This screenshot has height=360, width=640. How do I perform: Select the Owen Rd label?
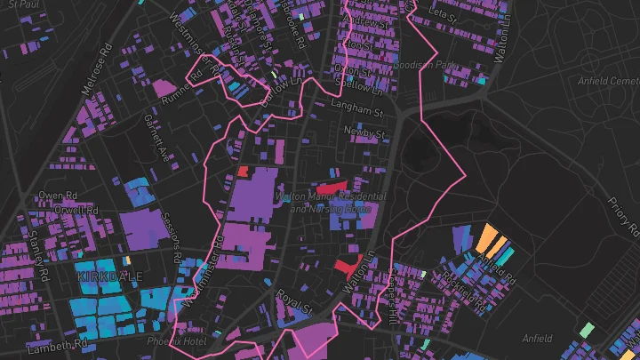coord(56,195)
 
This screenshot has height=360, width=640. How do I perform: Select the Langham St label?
coord(356,113)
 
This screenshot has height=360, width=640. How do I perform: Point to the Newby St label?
coord(367,133)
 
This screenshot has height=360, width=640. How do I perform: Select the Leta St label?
coord(444,14)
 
